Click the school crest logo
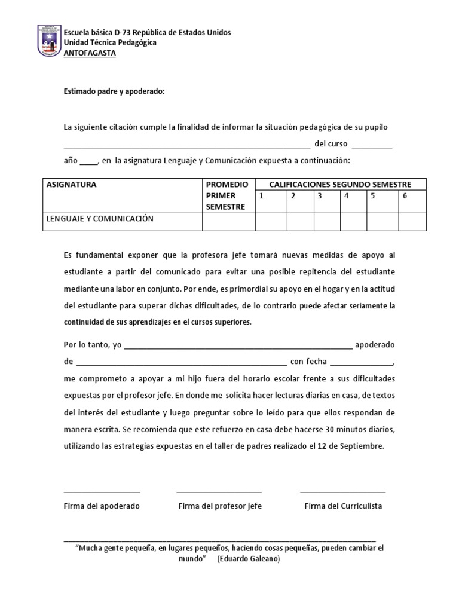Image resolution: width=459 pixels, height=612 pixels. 50,41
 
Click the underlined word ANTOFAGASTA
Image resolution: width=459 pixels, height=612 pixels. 90,53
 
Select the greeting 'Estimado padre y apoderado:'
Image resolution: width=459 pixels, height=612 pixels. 114,91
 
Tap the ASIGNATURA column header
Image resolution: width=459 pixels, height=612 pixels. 72,185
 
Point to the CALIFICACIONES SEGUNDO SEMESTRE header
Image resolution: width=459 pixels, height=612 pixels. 340,185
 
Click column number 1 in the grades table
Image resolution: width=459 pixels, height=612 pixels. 261,195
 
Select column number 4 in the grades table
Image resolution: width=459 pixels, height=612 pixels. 347,195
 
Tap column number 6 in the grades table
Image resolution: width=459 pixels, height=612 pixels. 405,195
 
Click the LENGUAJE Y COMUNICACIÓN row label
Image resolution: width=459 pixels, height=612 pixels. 100,219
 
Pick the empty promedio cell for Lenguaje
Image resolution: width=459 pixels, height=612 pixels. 229,222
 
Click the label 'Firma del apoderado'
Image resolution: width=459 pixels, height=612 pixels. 102,506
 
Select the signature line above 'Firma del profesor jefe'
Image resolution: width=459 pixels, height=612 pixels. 219,492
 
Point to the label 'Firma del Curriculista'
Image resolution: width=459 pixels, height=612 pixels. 343,506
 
